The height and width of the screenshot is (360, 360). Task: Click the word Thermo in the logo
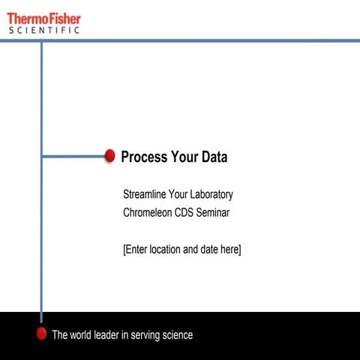pyautogui.click(x=26, y=18)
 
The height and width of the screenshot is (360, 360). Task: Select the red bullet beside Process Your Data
pyautogui.click(x=109, y=156)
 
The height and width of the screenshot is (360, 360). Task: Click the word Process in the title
pyautogui.click(x=144, y=157)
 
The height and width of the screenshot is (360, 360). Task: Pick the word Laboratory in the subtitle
pyautogui.click(x=208, y=195)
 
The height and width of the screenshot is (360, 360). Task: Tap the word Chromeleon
pyautogui.click(x=148, y=212)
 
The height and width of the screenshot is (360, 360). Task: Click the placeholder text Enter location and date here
pyautogui.click(x=181, y=249)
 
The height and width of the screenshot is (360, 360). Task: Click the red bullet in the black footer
pyautogui.click(x=42, y=334)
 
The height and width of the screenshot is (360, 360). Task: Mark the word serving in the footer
pyautogui.click(x=148, y=335)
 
